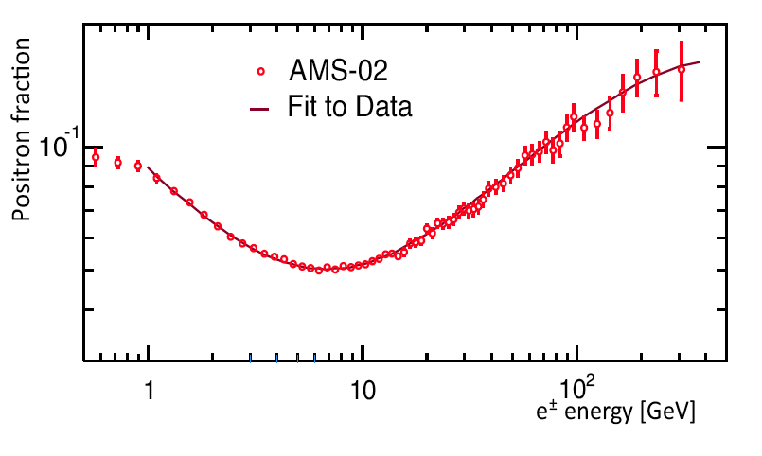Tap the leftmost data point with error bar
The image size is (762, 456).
tap(96, 157)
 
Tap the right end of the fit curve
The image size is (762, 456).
tap(700, 62)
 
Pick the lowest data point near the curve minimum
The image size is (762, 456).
tap(319, 271)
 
